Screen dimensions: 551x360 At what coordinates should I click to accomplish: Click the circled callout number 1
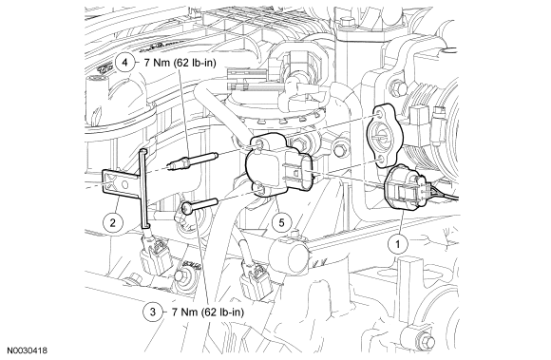398,244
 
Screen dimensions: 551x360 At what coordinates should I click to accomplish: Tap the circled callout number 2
112,222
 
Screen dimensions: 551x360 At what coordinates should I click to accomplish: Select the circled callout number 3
153,312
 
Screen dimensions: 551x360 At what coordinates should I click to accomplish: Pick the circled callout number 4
124,63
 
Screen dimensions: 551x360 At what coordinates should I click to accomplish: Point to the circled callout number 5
281,222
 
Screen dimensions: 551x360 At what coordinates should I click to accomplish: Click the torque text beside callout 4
180,63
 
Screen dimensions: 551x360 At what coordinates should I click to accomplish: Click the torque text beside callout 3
208,312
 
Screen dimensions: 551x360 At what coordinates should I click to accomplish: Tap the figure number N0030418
28,351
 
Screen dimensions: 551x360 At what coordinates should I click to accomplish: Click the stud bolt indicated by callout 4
193,160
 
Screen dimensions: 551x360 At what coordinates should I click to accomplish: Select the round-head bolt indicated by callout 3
199,206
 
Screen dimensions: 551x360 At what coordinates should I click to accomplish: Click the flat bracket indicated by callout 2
121,182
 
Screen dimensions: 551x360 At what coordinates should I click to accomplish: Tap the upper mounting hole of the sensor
259,142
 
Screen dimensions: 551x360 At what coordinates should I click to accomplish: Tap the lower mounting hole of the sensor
260,189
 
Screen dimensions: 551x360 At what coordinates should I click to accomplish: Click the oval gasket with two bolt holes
382,136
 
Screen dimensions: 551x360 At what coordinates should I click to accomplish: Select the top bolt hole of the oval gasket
379,116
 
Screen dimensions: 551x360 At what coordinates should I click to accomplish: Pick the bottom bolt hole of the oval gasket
379,160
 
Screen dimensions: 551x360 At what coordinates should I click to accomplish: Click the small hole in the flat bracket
123,184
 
